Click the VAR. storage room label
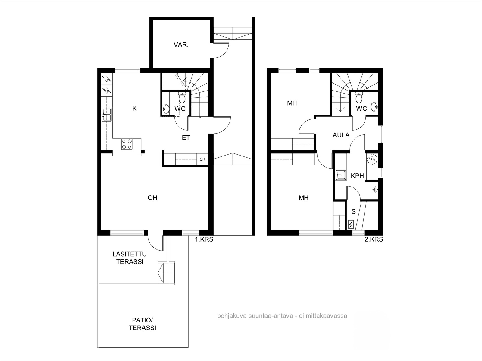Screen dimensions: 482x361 [x=181, y=45]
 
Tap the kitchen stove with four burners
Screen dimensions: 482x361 [x=127, y=144]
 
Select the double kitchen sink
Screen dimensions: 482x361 [x=107, y=115]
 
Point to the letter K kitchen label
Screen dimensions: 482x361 [x=135, y=109]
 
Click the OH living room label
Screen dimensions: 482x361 [x=152, y=198]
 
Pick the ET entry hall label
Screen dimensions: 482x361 [x=186, y=137]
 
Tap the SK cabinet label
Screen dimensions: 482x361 [x=202, y=159]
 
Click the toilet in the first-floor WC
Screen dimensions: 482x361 [x=182, y=97]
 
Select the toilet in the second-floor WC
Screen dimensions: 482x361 [x=359, y=97]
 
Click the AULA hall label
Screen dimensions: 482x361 [x=341, y=135]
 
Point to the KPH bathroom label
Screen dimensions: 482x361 [x=357, y=176]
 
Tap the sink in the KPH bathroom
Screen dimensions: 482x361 [x=341, y=175]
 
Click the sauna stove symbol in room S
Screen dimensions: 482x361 [x=351, y=224]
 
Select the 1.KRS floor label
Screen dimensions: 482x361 [x=204, y=239]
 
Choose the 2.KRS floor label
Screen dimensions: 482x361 [x=374, y=239]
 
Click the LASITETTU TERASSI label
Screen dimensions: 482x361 [x=130, y=258]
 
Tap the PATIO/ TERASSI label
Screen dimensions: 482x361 [x=142, y=324]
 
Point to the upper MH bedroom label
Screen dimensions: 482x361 [x=292, y=103]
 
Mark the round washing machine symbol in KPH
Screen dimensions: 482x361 [x=372, y=159]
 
